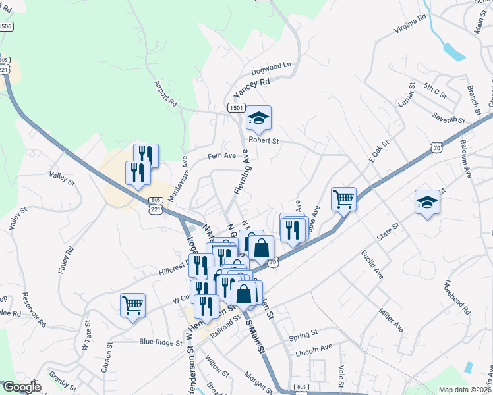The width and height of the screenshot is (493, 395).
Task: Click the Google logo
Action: tap(21, 387)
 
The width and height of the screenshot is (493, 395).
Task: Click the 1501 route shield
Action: tap(237, 107)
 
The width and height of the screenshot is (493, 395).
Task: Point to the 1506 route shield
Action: tap(6, 26)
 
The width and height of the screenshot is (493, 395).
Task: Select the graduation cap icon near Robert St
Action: tap(258, 118)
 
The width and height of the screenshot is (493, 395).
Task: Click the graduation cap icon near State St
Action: tap(427, 202)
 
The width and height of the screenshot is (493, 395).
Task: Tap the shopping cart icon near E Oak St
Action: tap(343, 197)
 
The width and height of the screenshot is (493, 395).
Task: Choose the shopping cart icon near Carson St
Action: tap(132, 305)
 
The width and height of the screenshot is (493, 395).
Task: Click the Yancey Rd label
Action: tap(252, 88)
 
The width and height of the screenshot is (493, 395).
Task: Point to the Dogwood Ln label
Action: tap(271, 68)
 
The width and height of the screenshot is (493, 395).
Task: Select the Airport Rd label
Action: tap(165, 93)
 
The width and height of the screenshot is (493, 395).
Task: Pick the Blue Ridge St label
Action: tap(161, 342)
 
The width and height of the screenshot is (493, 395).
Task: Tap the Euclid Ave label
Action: tap(372, 264)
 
